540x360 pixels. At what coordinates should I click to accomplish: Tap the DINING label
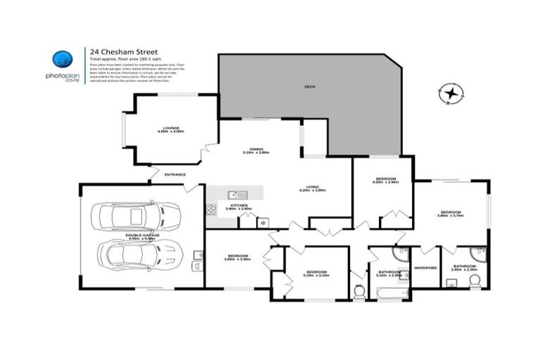256,148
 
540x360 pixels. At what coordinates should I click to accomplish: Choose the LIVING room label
312,186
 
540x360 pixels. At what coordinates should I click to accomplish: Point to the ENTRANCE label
175,174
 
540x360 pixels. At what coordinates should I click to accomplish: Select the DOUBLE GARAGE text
140,235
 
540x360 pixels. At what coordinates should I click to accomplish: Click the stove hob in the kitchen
211,209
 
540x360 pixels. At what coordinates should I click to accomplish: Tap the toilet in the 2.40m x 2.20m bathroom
475,281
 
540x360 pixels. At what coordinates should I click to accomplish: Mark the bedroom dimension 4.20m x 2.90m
387,182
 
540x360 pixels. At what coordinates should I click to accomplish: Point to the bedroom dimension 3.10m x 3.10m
316,276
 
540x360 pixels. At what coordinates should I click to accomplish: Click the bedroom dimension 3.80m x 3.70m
450,216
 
